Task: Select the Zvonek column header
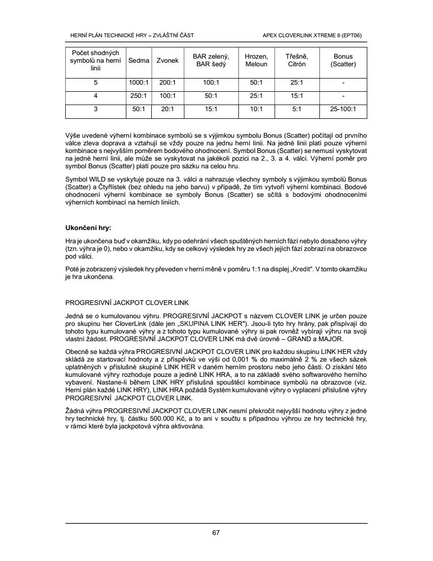pyautogui.click(x=168, y=60)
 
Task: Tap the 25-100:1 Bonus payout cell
pyautogui.click(x=343, y=109)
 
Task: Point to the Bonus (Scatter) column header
pyautogui.click(x=343, y=60)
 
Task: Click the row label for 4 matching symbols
pyautogui.click(x=95, y=95)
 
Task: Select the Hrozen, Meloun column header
pyautogui.click(x=256, y=60)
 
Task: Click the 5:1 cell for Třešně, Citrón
pyautogui.click(x=296, y=109)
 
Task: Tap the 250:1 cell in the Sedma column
pyautogui.click(x=139, y=95)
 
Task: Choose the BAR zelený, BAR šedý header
pyautogui.click(x=210, y=60)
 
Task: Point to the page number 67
pyautogui.click(x=216, y=533)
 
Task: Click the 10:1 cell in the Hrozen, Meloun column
pyautogui.click(x=256, y=109)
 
